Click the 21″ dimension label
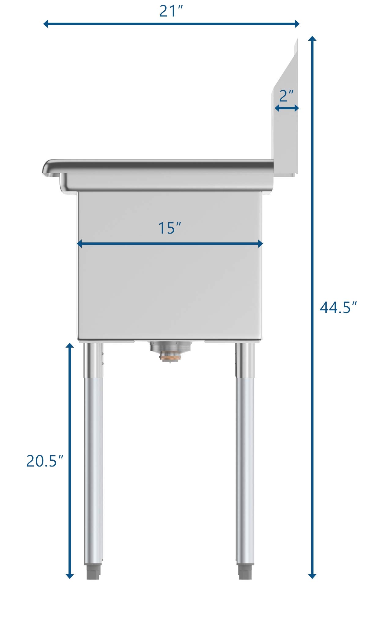171,11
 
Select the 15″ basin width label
170,228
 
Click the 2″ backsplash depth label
286,96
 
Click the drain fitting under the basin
170,351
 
